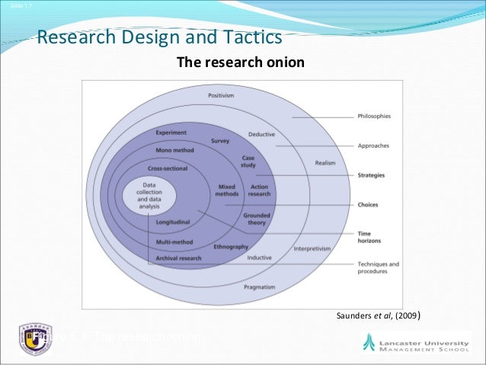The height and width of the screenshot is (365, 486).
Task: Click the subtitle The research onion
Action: pos(240,62)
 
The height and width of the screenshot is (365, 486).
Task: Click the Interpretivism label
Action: pos(314,248)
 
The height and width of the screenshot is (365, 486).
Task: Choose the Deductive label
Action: pos(261,135)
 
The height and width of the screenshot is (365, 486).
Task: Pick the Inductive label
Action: pos(259,258)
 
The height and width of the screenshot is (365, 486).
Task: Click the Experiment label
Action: pos(171,133)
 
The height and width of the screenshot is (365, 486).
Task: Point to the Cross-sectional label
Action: pos(168,168)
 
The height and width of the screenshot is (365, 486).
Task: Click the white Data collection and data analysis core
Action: pos(149,195)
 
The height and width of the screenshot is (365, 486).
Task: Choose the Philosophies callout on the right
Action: pos(374,117)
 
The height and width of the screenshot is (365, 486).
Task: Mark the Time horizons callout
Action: pos(370,237)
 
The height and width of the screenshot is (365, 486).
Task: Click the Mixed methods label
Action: pos(227,191)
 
